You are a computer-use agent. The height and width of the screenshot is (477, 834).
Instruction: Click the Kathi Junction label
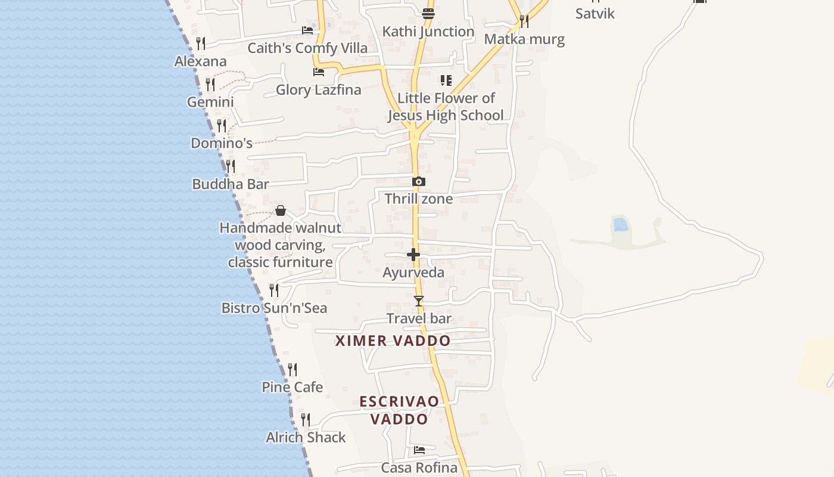click(428, 31)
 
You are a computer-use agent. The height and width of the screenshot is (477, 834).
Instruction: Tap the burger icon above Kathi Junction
click(428, 13)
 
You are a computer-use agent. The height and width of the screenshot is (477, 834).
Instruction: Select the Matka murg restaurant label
click(524, 39)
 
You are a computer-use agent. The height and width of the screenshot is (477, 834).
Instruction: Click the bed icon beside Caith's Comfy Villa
click(307, 30)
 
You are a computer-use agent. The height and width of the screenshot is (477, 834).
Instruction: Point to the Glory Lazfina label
click(318, 90)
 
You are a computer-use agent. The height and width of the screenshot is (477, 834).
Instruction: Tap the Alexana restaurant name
click(200, 61)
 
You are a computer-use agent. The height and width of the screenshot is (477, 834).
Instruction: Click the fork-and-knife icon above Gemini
click(210, 85)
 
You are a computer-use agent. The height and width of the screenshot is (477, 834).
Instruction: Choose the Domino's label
click(221, 143)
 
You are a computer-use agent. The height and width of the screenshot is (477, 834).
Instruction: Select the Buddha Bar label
click(230, 184)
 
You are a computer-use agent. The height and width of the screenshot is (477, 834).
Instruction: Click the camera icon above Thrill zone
click(419, 181)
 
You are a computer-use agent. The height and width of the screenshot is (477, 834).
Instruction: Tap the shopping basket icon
click(281, 210)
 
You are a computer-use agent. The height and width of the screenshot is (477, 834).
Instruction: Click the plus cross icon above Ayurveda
click(413, 255)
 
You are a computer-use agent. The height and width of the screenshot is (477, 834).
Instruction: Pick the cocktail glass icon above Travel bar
click(419, 301)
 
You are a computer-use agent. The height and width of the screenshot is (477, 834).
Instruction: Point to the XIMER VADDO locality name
click(393, 341)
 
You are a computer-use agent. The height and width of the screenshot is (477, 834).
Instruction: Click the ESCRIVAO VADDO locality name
click(399, 410)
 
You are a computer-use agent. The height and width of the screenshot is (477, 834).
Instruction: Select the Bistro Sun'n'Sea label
click(274, 308)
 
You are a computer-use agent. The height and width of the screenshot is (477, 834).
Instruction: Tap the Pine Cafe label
click(292, 388)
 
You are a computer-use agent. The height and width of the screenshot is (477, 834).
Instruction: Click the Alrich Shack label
click(306, 438)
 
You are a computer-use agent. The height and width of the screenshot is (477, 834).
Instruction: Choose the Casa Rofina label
click(419, 467)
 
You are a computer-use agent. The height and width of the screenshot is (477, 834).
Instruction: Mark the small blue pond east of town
click(620, 224)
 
